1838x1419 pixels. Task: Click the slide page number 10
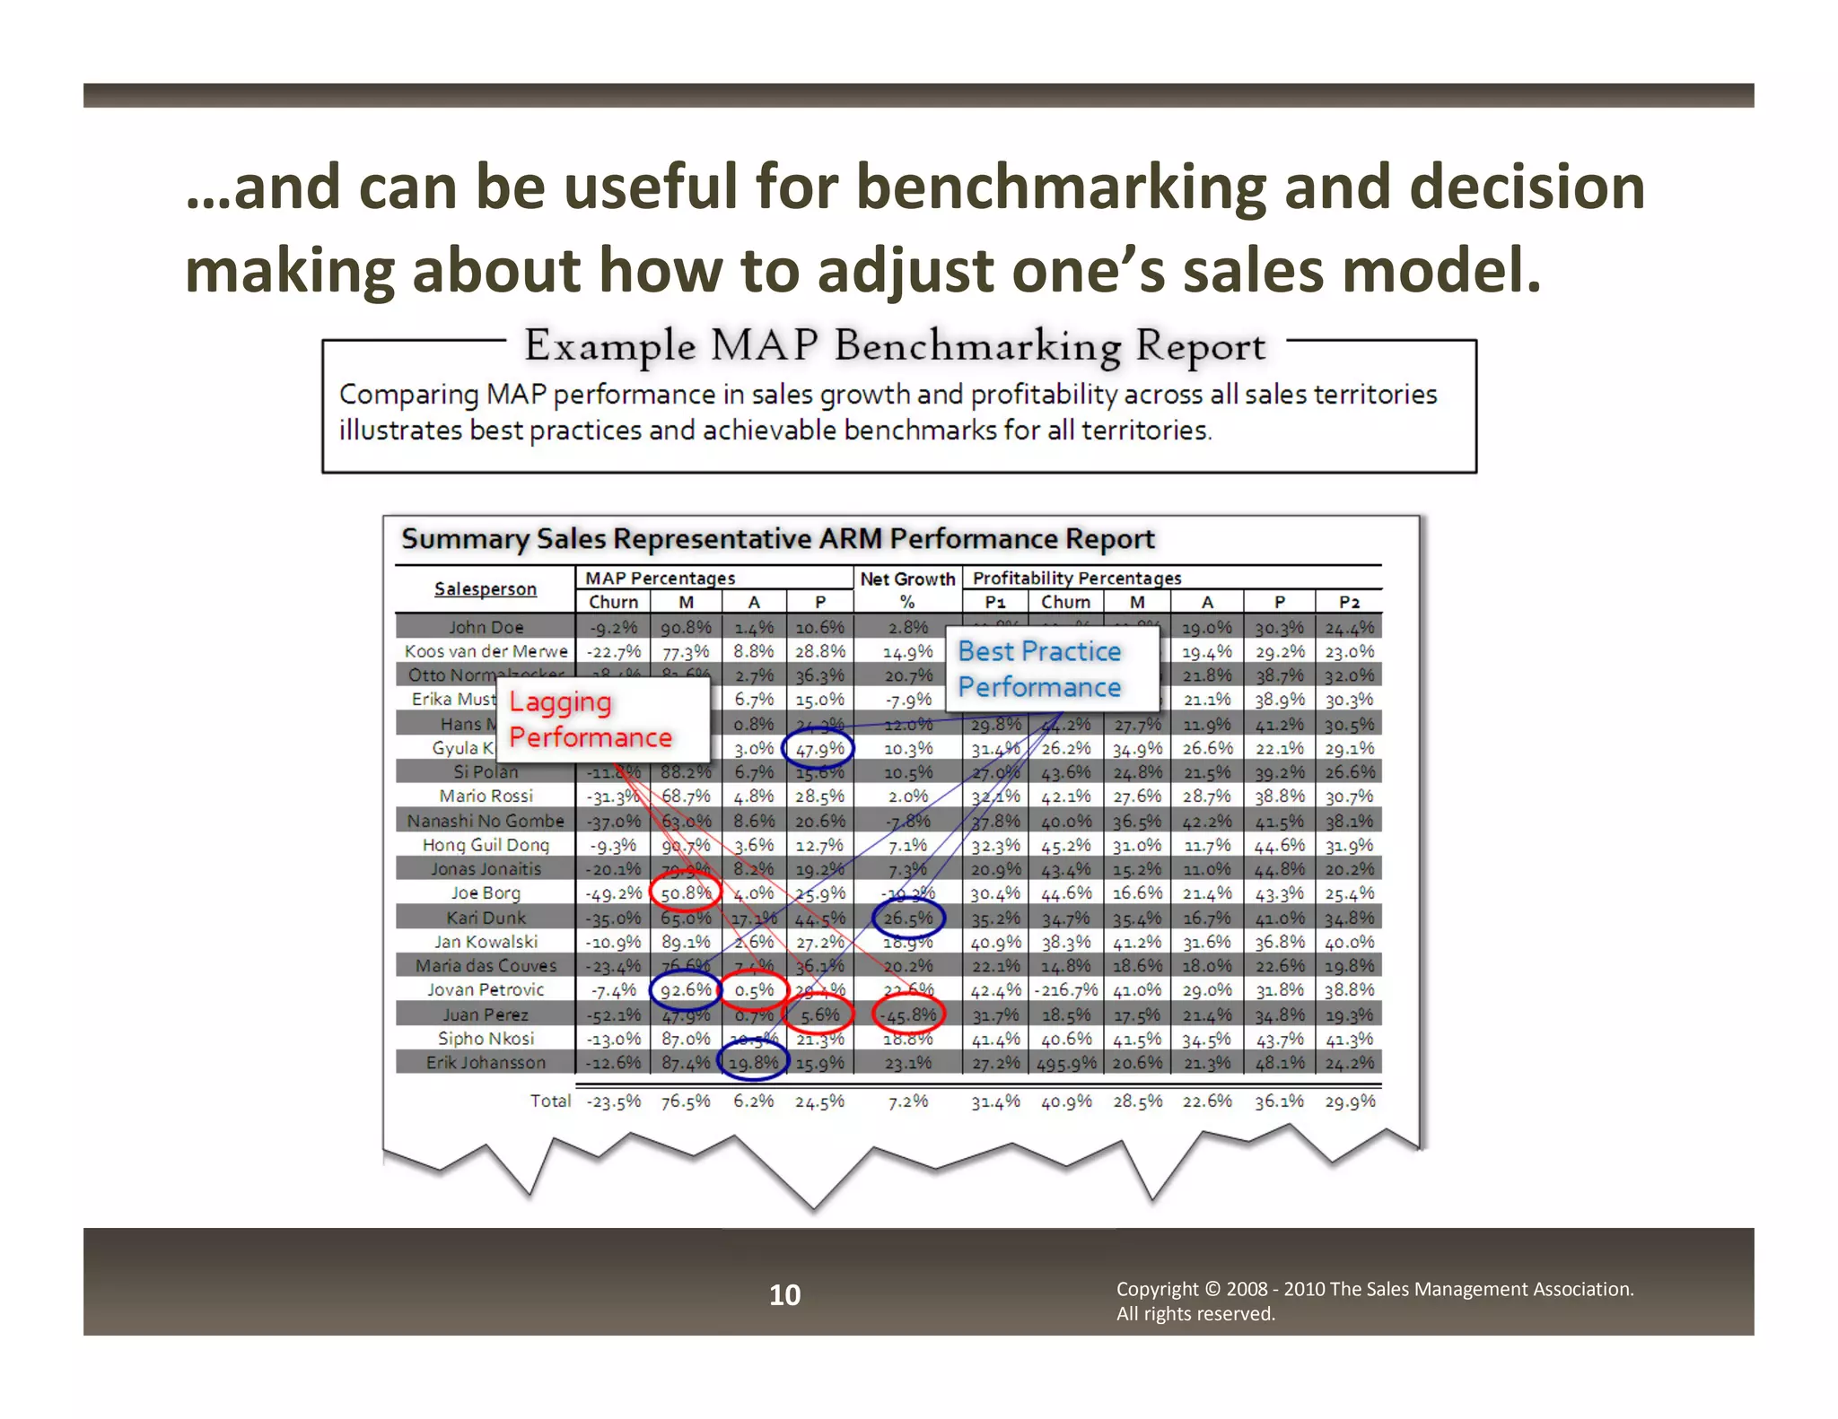click(x=784, y=1294)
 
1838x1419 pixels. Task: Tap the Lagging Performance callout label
click(x=590, y=719)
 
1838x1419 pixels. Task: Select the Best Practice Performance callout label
click(x=1039, y=669)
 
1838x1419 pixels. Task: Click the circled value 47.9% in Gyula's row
click(x=818, y=748)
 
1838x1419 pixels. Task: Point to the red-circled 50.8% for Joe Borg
click(x=686, y=893)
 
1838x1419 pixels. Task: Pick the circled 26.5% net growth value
click(x=908, y=918)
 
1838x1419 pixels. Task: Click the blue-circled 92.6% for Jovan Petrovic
click(x=686, y=990)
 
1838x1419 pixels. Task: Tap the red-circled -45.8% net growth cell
click(x=908, y=1014)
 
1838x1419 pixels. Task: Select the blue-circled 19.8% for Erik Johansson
click(x=754, y=1063)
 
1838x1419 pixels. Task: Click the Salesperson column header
click(x=486, y=588)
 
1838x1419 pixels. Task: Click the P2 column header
click(x=1349, y=602)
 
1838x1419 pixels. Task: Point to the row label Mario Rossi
click(x=486, y=796)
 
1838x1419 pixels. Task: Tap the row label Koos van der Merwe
click(x=486, y=651)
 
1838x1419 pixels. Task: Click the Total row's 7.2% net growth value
click(x=908, y=1101)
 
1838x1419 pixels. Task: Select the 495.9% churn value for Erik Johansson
click(x=1066, y=1063)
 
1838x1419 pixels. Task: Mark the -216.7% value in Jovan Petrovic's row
click(x=1066, y=990)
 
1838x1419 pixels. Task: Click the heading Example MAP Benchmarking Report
click(x=895, y=345)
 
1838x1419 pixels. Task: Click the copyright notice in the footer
click(x=1374, y=1301)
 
